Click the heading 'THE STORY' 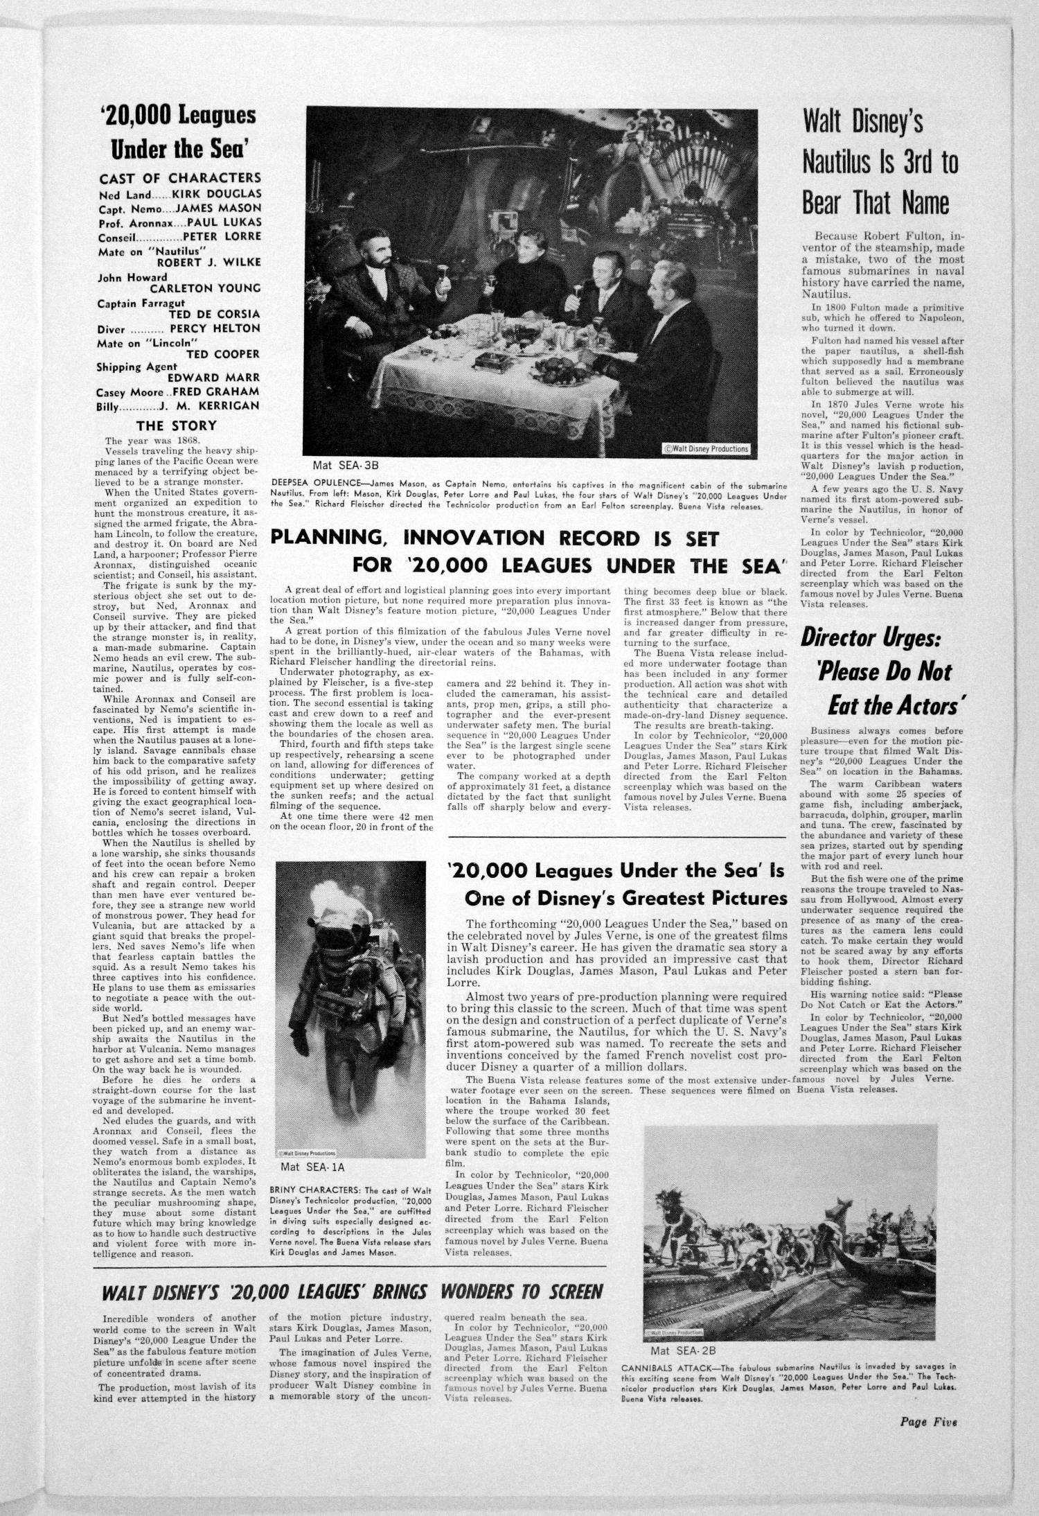point(176,425)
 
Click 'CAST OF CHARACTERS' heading point(180,178)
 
